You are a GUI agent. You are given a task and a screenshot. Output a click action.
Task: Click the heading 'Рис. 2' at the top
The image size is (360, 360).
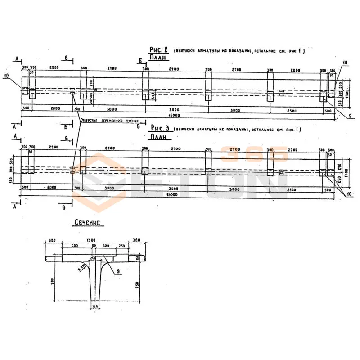[158, 50]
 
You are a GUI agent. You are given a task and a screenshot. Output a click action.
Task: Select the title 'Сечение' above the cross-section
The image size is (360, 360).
[88, 222]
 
